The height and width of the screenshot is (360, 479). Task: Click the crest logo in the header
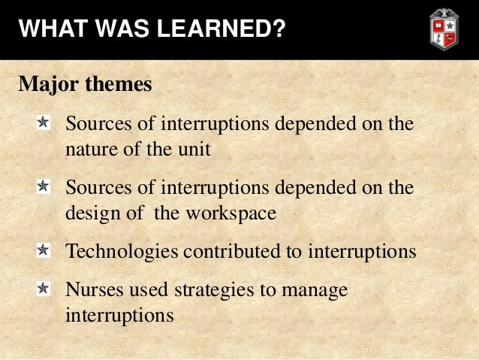[443, 29]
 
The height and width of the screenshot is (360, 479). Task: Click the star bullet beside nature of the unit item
[44, 122]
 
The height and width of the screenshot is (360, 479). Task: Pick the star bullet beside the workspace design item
[44, 186]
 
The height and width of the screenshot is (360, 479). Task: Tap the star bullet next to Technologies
[44, 250]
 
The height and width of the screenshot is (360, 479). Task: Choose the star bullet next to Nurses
[44, 288]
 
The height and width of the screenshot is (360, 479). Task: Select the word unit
[194, 149]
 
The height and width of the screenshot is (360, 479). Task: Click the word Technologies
[122, 251]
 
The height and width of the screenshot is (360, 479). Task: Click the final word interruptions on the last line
[119, 315]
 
